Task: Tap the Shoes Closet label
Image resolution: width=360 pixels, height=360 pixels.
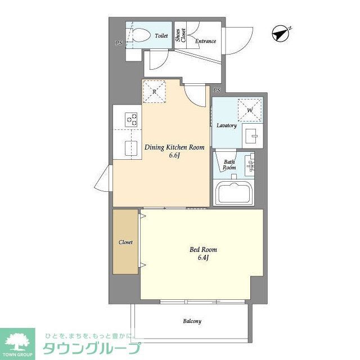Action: pyautogui.click(x=179, y=35)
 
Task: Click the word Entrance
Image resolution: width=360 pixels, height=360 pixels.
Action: pyautogui.click(x=205, y=41)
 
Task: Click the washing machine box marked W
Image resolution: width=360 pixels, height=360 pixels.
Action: pyautogui.click(x=249, y=110)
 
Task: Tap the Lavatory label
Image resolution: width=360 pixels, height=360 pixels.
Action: pyautogui.click(x=227, y=125)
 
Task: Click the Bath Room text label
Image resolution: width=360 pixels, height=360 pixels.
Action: pyautogui.click(x=229, y=165)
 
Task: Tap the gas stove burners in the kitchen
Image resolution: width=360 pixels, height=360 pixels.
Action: pyautogui.click(x=132, y=119)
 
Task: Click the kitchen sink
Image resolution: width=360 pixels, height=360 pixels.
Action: pyautogui.click(x=131, y=148)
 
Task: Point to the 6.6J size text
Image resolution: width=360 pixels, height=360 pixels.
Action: pyautogui.click(x=174, y=156)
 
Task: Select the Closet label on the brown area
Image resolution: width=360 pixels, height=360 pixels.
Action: pyautogui.click(x=125, y=242)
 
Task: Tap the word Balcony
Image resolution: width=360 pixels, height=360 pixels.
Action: pyautogui.click(x=192, y=322)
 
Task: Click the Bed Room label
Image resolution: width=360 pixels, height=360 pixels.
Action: pyautogui.click(x=203, y=250)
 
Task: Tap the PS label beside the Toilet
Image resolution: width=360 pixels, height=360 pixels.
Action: pyautogui.click(x=119, y=43)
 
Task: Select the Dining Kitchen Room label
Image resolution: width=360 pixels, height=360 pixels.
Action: pyautogui.click(x=174, y=147)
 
